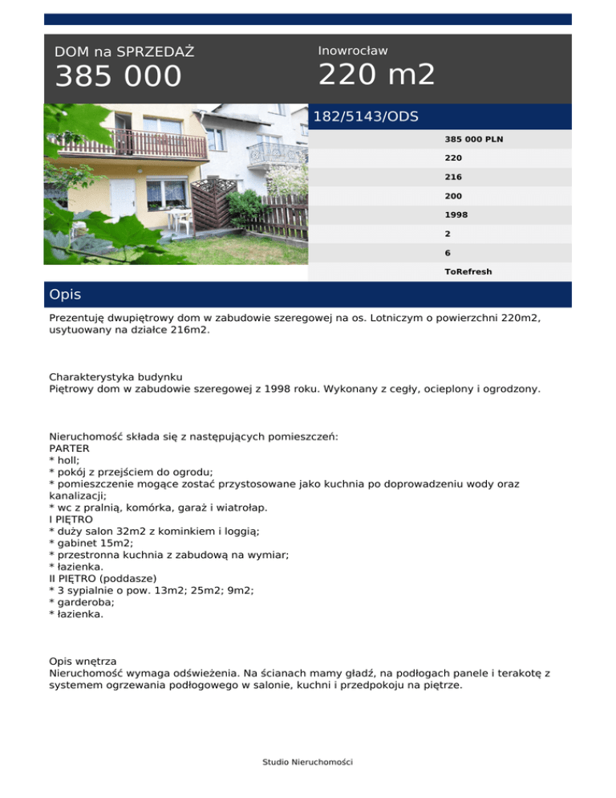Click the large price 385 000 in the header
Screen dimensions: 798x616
click(x=118, y=77)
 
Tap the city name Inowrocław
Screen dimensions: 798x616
click(x=353, y=51)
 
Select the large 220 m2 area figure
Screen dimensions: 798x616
click(x=376, y=75)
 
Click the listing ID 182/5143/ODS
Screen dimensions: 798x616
click(x=366, y=116)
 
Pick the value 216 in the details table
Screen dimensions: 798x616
click(x=453, y=177)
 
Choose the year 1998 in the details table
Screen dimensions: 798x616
click(x=456, y=214)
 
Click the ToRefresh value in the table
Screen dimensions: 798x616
click(x=468, y=271)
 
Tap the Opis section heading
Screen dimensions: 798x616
click(x=65, y=295)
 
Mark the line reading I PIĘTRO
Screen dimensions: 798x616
click(x=71, y=519)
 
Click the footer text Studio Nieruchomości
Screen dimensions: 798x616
click(x=307, y=761)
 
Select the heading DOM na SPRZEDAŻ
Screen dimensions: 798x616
click(x=124, y=52)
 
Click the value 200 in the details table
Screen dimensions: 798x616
click(x=453, y=195)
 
